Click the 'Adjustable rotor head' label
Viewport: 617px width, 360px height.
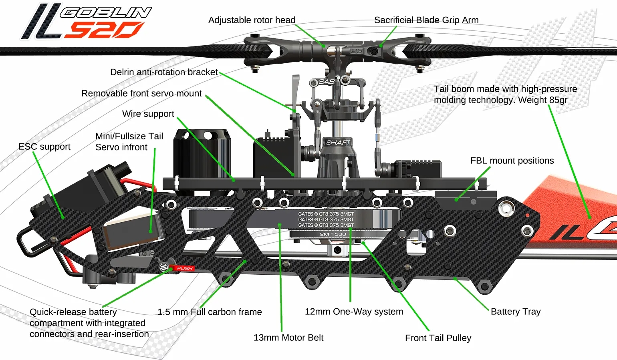252,20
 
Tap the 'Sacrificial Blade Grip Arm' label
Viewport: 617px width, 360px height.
426,20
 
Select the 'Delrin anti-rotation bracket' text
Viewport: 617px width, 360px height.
164,72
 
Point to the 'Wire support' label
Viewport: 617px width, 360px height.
148,114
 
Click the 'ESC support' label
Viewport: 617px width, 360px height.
44,147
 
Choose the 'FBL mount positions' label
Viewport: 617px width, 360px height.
512,161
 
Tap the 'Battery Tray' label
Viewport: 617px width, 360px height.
515,312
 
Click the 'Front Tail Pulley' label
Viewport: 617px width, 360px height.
438,338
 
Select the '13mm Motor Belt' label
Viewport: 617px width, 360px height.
288,338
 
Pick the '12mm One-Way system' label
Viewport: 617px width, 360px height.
354,312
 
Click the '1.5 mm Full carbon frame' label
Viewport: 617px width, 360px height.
210,312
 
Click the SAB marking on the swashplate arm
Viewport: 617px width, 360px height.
326,82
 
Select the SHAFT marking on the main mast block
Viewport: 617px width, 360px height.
338,143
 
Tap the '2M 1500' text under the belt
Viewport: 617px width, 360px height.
333,234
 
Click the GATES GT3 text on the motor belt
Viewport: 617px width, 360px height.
325,219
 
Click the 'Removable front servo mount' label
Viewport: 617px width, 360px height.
141,93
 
